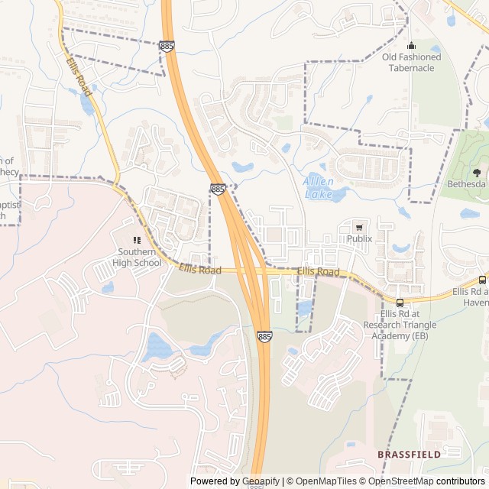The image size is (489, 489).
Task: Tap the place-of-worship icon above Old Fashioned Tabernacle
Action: click(x=412, y=45)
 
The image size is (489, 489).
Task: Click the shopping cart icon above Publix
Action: click(x=359, y=227)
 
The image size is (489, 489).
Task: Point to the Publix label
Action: click(x=359, y=238)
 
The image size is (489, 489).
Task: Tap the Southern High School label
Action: click(x=139, y=257)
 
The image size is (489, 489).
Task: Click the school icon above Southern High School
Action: click(x=138, y=241)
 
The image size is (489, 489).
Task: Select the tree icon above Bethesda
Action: click(x=477, y=173)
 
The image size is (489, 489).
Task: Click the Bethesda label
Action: click(x=466, y=184)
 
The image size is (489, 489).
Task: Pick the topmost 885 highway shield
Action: click(x=167, y=47)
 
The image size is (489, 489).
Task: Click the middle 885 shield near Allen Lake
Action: click(x=218, y=188)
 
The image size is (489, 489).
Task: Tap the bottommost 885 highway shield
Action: click(x=264, y=336)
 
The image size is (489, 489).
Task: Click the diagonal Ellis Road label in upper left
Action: click(x=78, y=77)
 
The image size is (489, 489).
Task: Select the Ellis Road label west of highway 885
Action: click(x=200, y=270)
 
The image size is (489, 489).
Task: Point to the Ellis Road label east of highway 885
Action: click(x=318, y=272)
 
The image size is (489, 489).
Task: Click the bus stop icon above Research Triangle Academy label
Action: click(x=400, y=303)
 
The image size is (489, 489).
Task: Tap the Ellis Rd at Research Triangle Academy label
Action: click(x=408, y=325)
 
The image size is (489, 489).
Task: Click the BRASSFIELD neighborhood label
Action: click(x=409, y=454)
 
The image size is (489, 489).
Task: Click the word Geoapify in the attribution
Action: click(x=261, y=481)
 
